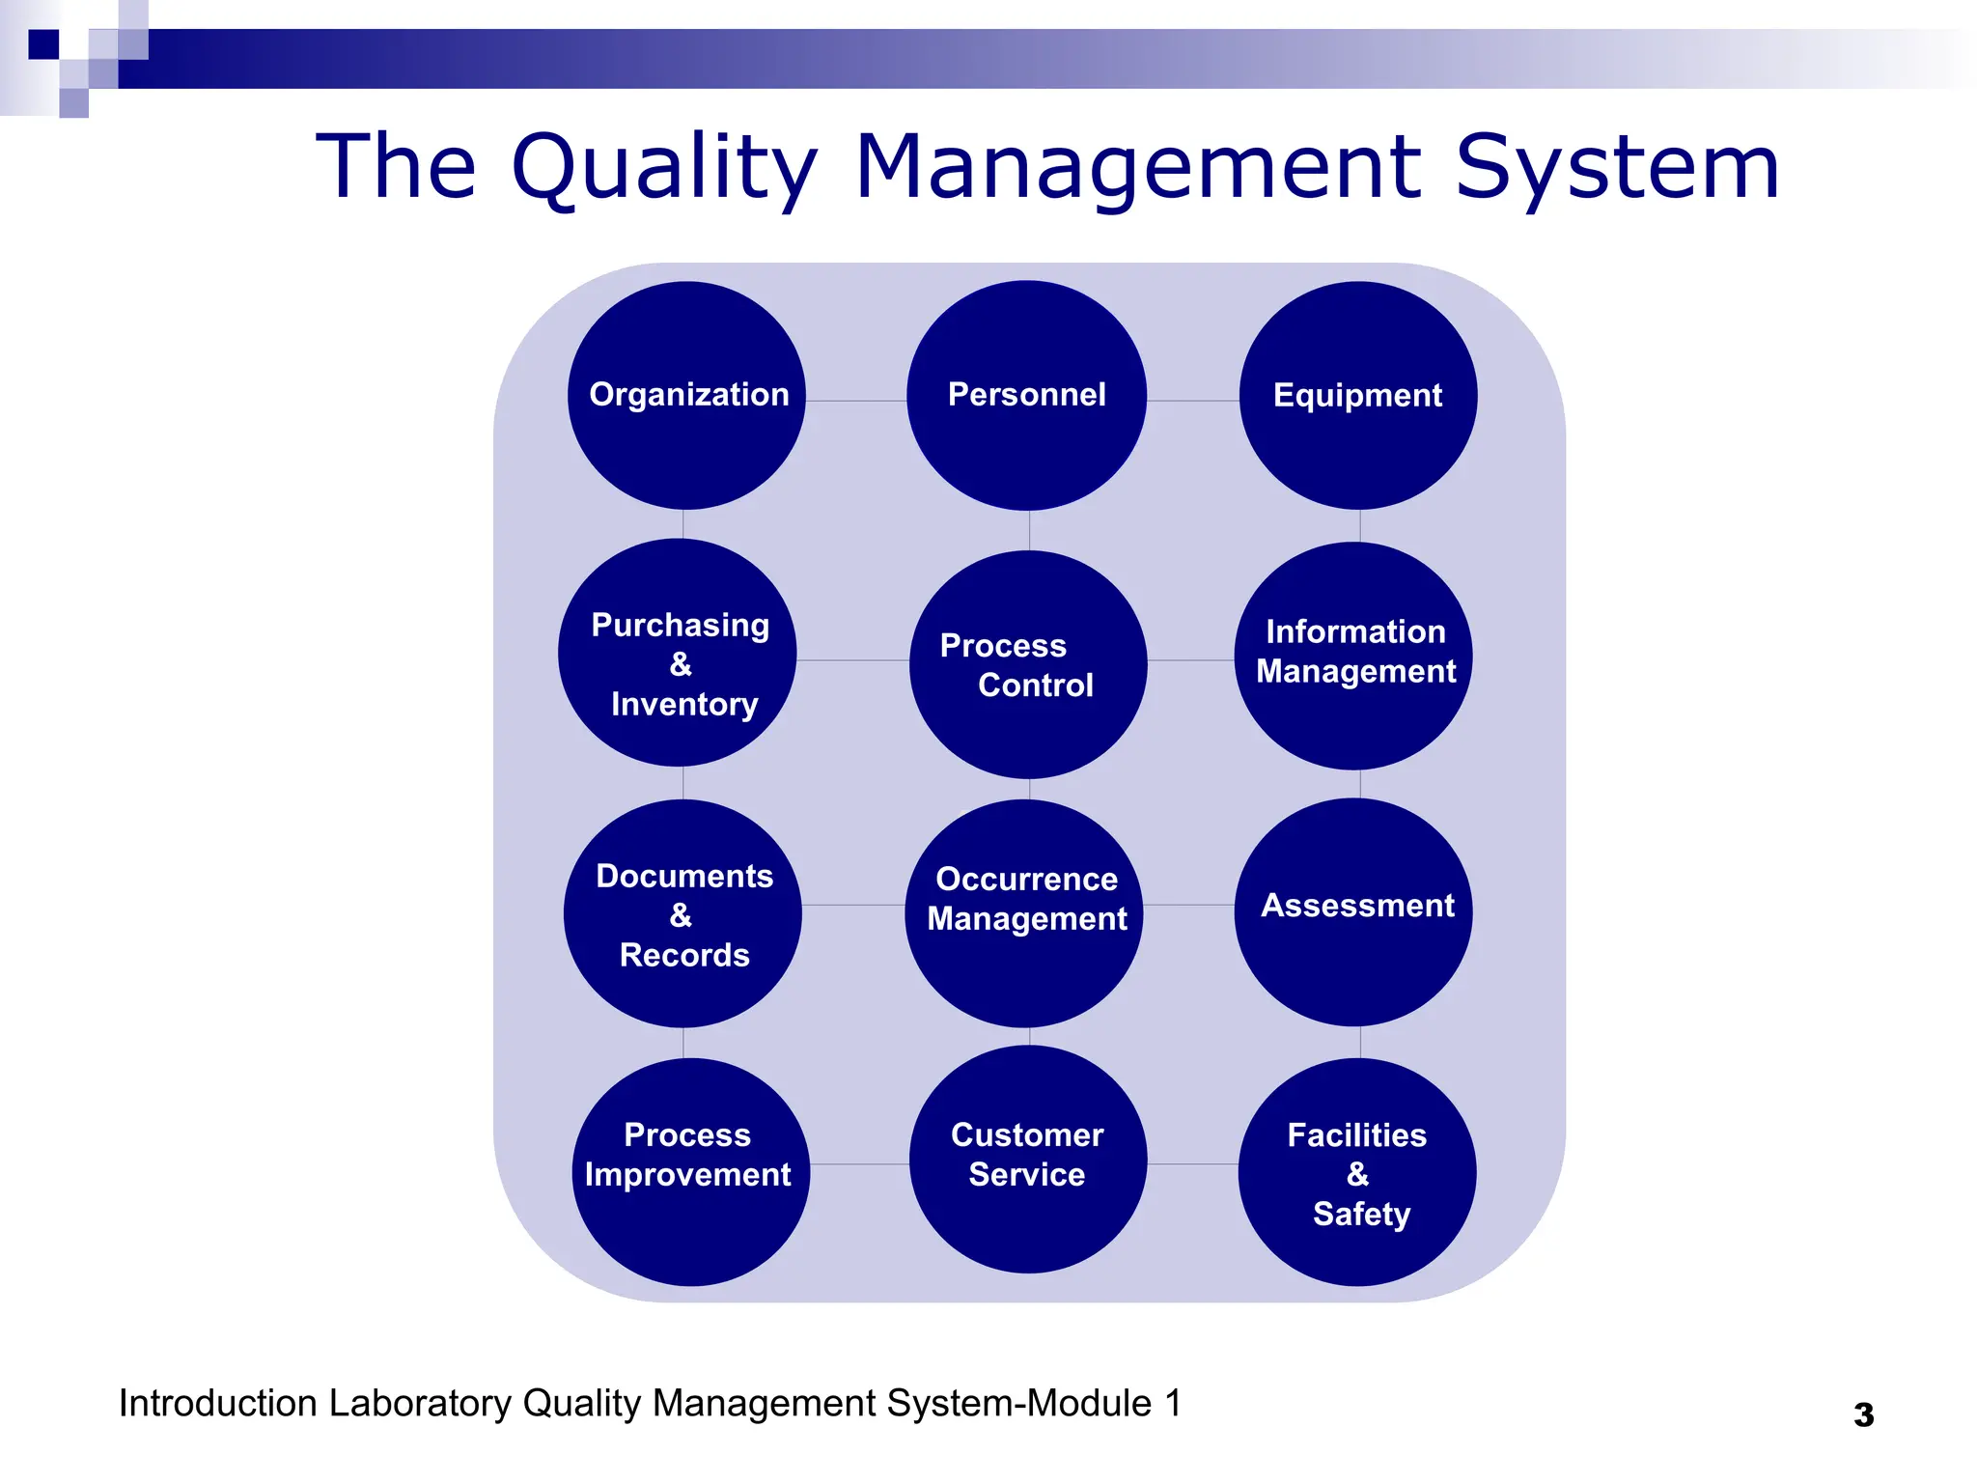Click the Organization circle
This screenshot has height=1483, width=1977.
[686, 395]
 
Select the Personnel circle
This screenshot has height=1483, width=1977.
[1027, 395]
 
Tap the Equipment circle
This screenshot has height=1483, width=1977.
[1357, 395]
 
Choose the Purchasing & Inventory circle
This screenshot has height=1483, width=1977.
[678, 653]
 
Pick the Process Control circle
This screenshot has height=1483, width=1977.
[1028, 664]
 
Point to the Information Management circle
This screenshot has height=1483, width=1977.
[1353, 656]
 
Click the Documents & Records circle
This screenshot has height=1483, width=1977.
[682, 913]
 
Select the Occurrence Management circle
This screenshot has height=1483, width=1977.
[1024, 913]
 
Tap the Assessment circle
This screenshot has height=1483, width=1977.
[1353, 911]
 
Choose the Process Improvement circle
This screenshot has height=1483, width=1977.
[690, 1171]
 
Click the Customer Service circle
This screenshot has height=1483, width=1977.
[1028, 1159]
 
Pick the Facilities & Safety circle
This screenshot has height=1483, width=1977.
[1357, 1171]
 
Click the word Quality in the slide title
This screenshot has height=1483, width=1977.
[665, 168]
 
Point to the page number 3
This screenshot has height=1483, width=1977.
[1864, 1414]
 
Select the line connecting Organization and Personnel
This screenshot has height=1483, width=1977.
[856, 401]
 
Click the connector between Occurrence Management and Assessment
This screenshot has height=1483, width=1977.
[1188, 905]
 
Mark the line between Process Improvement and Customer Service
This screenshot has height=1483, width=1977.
[859, 1164]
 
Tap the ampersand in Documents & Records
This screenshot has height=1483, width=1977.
[681, 914]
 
